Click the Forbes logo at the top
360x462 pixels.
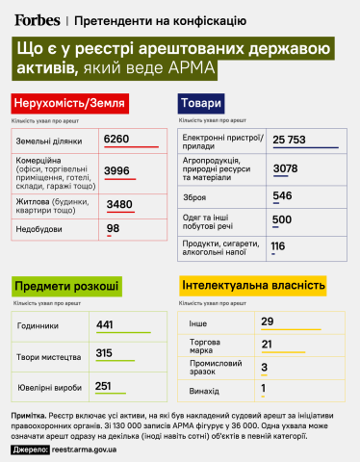(x=36, y=18)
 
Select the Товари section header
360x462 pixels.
(x=201, y=104)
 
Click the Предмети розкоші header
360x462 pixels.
(x=66, y=286)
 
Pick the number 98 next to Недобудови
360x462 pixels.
(x=114, y=229)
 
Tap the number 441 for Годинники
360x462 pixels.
(x=105, y=324)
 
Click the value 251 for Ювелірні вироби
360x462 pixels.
(x=105, y=386)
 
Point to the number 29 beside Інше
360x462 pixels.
(x=269, y=321)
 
